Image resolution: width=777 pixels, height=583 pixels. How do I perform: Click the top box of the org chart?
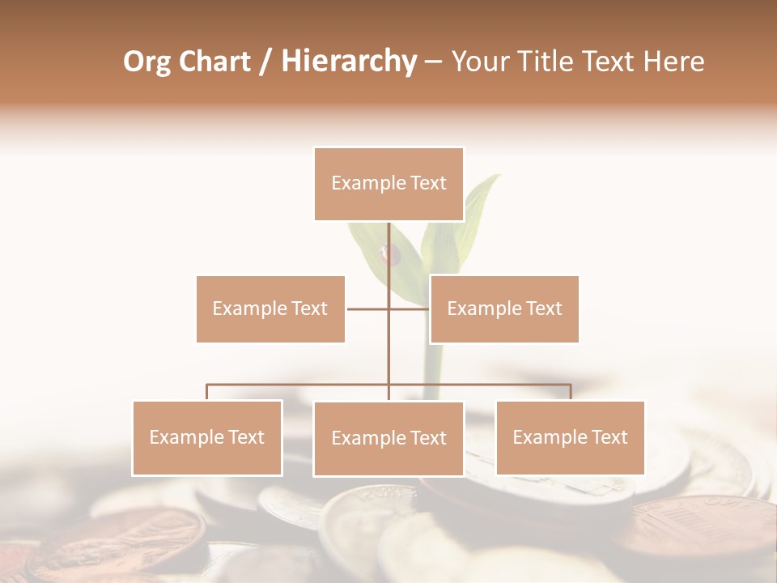pos(388,184)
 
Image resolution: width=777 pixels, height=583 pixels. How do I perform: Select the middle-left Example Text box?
pos(270,309)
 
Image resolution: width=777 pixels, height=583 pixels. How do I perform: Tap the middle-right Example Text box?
pos(504,309)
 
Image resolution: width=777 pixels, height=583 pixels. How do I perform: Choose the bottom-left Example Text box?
pos(207,437)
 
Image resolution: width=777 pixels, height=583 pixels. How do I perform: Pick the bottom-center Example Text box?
pos(388,438)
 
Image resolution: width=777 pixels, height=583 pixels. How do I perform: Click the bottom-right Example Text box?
pos(570,437)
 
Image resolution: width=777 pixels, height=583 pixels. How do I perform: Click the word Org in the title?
pos(146,62)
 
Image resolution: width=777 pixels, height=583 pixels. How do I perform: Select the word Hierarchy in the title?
pos(348,62)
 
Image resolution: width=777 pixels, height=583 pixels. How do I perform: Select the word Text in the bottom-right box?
pos(609,437)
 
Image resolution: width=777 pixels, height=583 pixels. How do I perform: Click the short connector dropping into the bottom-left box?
pos(207,392)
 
